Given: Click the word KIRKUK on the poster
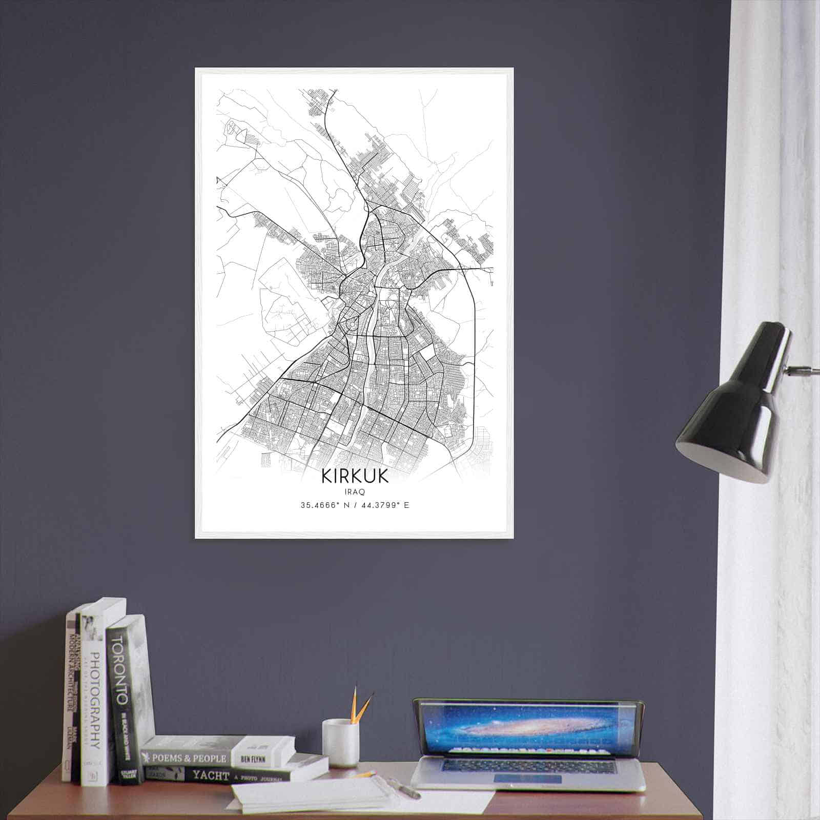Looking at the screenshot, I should coord(355,476).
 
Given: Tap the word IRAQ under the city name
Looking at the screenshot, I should coord(355,491).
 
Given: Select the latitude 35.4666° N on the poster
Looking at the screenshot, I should coord(324,505).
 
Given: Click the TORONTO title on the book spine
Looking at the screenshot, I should coord(119,667).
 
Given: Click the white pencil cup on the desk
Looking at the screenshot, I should coord(340,743).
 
